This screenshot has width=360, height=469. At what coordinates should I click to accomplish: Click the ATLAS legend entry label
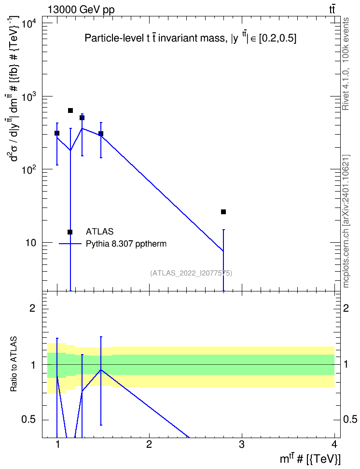pos(99,232)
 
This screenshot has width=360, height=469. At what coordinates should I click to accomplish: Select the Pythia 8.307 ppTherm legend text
pos(126,244)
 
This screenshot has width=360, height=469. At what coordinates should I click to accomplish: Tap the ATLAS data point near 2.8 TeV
pos(223,212)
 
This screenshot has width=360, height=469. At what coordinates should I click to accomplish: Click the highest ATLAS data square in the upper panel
pos(70,110)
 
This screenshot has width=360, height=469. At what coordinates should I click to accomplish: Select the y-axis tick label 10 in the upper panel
pos(31,243)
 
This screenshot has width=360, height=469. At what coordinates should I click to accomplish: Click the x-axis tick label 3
pos(241,444)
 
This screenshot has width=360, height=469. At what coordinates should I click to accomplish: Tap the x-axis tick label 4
pos(334,444)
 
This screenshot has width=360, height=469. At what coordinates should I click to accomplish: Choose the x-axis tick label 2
pos(149,444)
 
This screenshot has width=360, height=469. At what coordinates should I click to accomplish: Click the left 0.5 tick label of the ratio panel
pos(29,419)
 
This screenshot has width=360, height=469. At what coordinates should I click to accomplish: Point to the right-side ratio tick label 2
pos(346,308)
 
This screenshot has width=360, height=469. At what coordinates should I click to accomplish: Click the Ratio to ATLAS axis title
pos(14,364)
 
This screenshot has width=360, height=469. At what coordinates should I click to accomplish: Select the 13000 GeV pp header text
pos(81,10)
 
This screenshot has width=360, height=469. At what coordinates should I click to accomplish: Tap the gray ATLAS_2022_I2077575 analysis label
pos(191,273)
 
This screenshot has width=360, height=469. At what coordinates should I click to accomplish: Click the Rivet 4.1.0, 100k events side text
pos(346,64)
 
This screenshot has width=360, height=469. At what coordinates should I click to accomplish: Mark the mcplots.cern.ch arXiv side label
pos(346,221)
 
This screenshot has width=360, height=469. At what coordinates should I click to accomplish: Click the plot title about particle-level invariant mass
pos(191,38)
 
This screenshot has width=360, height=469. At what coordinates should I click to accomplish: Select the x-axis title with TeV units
pos(310,459)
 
